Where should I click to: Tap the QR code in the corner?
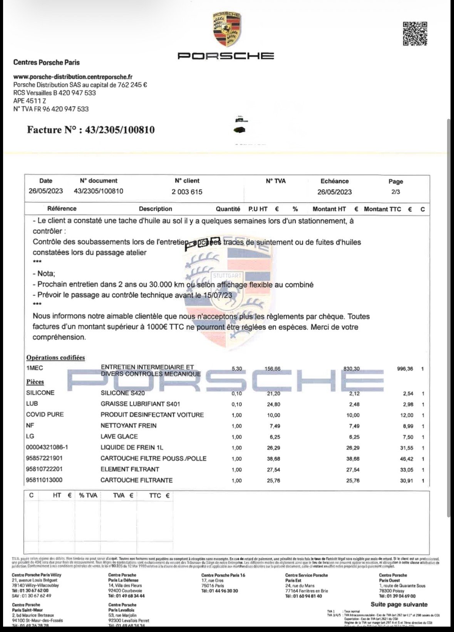pos(415,33)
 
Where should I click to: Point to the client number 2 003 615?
pos(187,192)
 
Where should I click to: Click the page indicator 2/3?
pos(395,192)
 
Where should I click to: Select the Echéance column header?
pos(334,181)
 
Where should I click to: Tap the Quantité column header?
pos(228,209)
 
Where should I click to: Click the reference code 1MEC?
pos(35,368)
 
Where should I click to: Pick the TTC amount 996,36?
pos(405,369)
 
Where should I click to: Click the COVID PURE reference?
pos(45,414)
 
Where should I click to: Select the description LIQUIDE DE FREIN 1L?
pos(132,447)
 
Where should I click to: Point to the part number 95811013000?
pos(44,480)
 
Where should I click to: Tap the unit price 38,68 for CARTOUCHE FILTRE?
pos(273,459)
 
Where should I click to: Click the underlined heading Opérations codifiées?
pos(55,358)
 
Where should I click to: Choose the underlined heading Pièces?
pos(35,382)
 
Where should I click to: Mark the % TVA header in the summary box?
pos(88,496)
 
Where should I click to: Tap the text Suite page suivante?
pos(399,604)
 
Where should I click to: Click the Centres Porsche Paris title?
pos(46,62)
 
